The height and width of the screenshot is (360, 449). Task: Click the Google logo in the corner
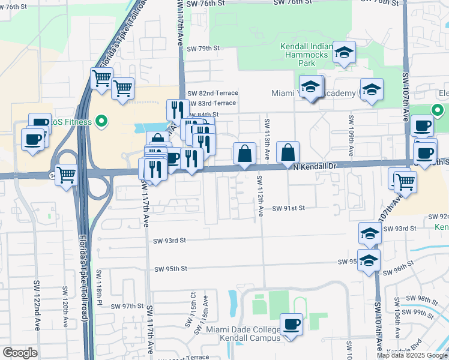20,353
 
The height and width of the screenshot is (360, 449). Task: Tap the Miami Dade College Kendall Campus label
243,334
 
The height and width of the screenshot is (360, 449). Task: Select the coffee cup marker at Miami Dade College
292,325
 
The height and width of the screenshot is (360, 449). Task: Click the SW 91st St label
289,208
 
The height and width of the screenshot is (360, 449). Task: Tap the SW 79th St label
204,49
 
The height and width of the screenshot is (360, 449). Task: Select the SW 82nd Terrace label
212,93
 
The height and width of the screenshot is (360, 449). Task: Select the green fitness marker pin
101,122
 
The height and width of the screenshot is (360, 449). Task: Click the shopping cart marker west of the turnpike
67,176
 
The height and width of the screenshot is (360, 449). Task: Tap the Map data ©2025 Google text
412,355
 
